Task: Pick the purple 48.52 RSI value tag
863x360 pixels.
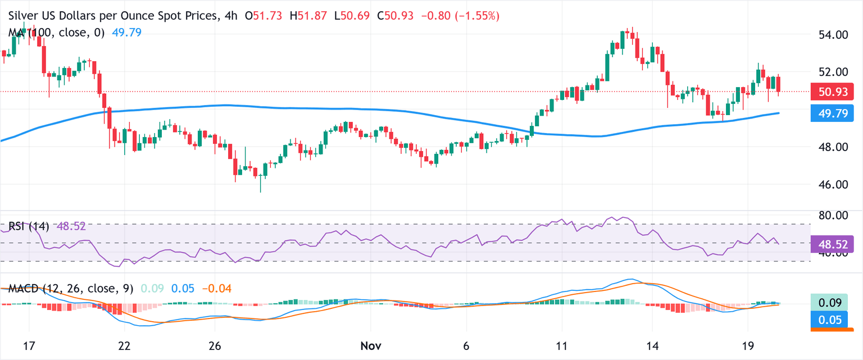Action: coord(833,244)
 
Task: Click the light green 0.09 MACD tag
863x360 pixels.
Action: coord(833,303)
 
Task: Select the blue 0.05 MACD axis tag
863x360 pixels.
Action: coord(833,319)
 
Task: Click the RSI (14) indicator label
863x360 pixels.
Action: coord(29,227)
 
